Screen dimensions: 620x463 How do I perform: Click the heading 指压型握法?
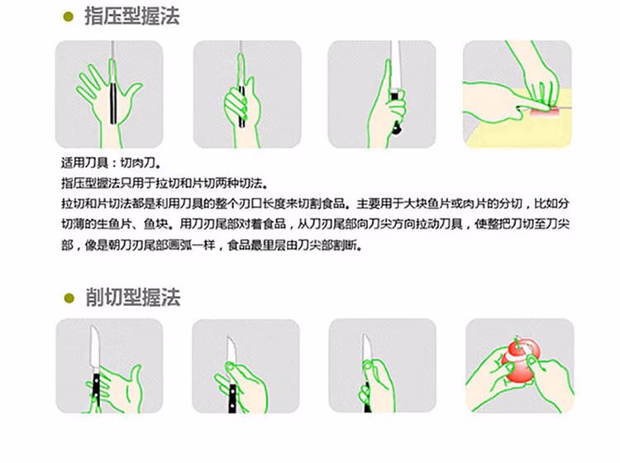[132, 17]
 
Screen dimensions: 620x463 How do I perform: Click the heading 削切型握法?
[133, 298]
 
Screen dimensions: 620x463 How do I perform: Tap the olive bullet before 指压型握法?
[69, 17]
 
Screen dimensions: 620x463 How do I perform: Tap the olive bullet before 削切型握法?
[69, 298]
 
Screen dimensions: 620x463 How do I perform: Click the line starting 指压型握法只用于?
[165, 183]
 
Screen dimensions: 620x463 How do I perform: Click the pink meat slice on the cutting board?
[545, 112]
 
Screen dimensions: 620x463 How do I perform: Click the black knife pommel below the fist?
[396, 128]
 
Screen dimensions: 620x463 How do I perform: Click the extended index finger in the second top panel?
[241, 70]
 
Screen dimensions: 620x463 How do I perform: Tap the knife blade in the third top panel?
[396, 66]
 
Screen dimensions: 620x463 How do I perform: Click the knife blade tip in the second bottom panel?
[228, 337]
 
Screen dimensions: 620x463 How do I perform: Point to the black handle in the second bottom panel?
[232, 399]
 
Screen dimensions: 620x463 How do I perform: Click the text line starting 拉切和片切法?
[315, 203]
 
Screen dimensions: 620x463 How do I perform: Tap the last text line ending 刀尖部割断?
[212, 246]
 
